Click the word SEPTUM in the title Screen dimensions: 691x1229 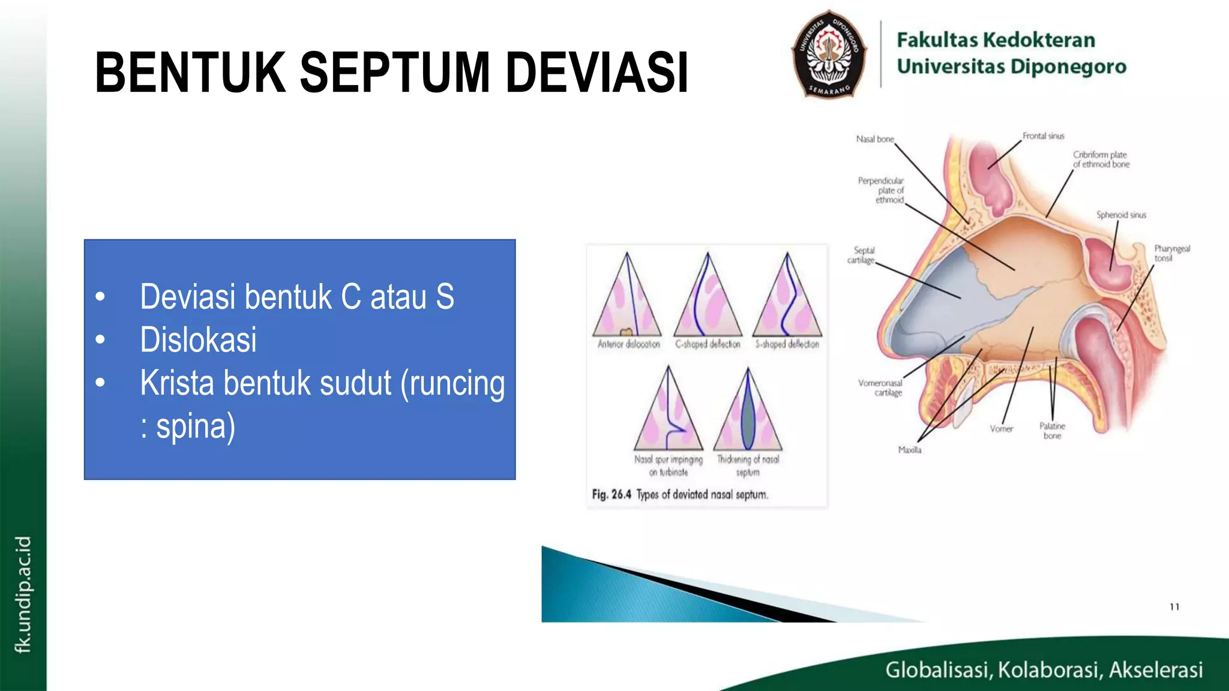(x=395, y=73)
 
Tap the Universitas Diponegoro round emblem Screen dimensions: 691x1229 (x=829, y=55)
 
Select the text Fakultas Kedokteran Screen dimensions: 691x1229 (x=996, y=40)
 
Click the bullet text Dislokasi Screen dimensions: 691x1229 (x=198, y=340)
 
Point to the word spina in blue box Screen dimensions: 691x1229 (x=196, y=426)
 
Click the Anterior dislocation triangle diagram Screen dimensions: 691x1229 (x=627, y=297)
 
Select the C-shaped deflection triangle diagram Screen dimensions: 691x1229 (x=708, y=297)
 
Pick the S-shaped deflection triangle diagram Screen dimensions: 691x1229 (x=787, y=297)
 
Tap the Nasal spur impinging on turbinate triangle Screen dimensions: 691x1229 (x=668, y=412)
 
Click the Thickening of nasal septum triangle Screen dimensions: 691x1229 (x=748, y=412)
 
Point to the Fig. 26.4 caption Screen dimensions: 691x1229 (x=679, y=495)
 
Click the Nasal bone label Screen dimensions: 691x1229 (x=874, y=139)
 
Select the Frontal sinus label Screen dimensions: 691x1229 (x=1043, y=136)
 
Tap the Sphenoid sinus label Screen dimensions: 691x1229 (x=1121, y=215)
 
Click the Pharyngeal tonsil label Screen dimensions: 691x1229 (x=1171, y=253)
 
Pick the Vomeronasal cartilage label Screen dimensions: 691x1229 (x=880, y=387)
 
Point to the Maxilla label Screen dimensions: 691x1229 (x=909, y=450)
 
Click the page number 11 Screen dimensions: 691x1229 (x=1174, y=607)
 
